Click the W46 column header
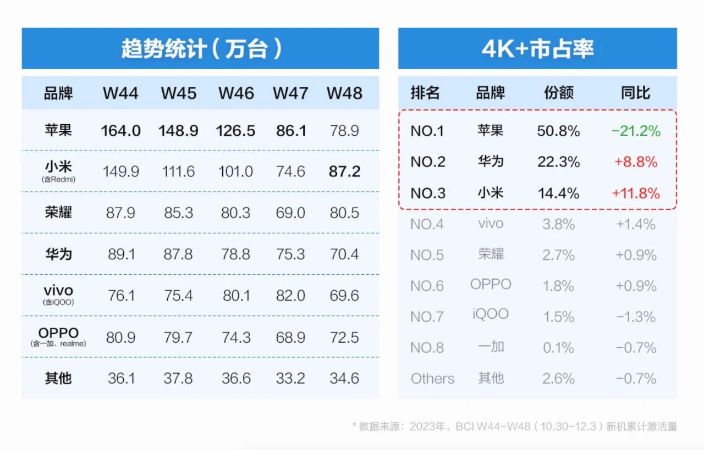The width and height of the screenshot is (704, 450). (236, 93)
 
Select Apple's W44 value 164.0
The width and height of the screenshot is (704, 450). (120, 131)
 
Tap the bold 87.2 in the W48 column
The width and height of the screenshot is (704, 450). (344, 171)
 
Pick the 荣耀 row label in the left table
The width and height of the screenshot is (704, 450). (58, 213)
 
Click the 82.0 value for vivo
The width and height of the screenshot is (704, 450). (290, 296)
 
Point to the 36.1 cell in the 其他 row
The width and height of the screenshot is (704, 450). (120, 379)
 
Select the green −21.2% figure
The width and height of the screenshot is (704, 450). (635, 131)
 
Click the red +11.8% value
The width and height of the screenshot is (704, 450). (635, 193)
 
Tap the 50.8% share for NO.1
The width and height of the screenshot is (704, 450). (558, 131)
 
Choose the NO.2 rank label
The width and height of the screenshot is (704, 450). (427, 162)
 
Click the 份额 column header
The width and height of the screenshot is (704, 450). (558, 93)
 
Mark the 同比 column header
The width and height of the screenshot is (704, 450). (635, 93)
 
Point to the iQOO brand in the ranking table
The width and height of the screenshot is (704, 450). (490, 314)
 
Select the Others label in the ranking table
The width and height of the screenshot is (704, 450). (432, 379)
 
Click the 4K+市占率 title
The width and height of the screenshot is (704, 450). (537, 49)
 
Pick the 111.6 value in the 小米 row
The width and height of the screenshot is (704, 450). (178, 171)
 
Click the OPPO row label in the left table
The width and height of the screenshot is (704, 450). (58, 334)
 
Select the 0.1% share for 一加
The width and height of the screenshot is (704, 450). (558, 348)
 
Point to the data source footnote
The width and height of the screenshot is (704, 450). (514, 426)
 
